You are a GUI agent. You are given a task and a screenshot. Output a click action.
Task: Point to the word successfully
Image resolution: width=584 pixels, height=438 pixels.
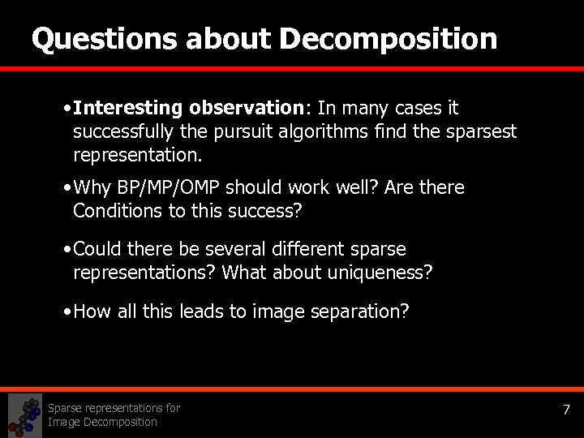(123, 131)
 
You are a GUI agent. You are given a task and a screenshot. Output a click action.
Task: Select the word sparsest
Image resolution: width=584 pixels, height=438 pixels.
(481, 131)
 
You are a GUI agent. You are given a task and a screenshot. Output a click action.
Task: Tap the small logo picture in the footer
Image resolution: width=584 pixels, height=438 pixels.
(24, 414)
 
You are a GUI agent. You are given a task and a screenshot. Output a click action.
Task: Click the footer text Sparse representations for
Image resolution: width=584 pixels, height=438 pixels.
(114, 408)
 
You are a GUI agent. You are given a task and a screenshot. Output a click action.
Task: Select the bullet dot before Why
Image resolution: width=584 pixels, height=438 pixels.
(66, 188)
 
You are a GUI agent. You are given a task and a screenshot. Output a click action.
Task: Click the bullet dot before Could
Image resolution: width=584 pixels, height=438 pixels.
(66, 249)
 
